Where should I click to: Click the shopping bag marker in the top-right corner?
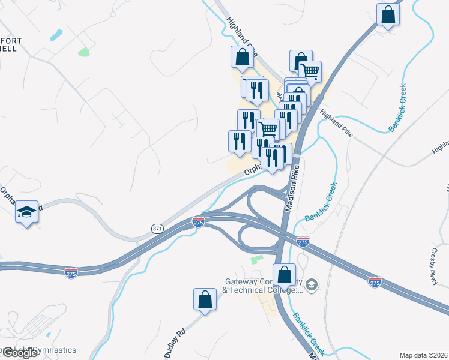(388, 14)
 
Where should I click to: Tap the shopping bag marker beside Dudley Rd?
(205, 299)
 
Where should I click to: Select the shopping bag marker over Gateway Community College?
(285, 275)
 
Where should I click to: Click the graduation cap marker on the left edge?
(26, 211)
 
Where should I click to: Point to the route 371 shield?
(157, 229)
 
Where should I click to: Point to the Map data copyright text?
(424, 355)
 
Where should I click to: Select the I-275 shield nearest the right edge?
(375, 281)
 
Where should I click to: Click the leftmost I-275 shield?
(71, 272)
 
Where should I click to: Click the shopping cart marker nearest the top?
(310, 71)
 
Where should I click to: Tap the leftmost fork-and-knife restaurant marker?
(240, 141)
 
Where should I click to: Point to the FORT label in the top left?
(12, 41)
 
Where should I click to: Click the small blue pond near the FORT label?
(56, 35)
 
